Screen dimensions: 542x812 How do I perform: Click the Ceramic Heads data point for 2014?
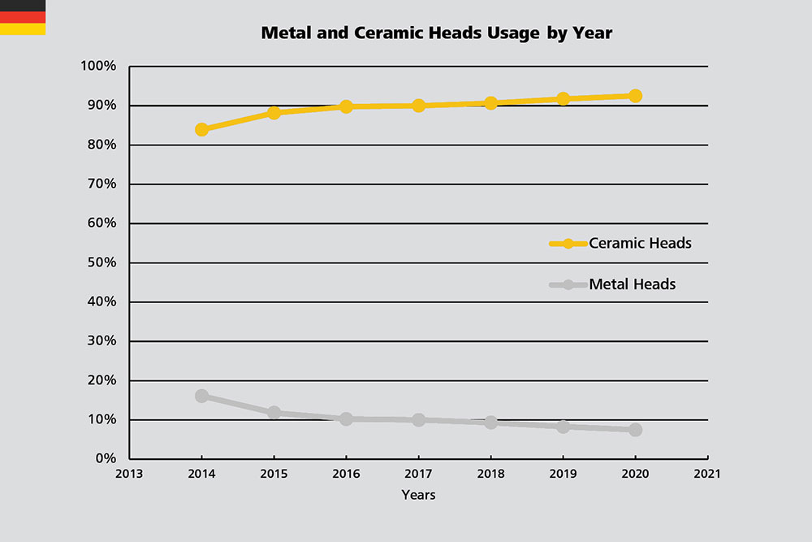pyautogui.click(x=202, y=129)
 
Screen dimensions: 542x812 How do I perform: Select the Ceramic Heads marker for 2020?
pyautogui.click(x=635, y=96)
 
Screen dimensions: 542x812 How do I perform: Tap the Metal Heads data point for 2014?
pyautogui.click(x=202, y=396)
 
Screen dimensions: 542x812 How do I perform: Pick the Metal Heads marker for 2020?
pyautogui.click(x=635, y=430)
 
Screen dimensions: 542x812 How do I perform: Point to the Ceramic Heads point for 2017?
pyautogui.click(x=419, y=106)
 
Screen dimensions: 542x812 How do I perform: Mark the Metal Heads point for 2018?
pyautogui.click(x=490, y=423)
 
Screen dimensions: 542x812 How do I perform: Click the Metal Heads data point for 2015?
pyautogui.click(x=274, y=413)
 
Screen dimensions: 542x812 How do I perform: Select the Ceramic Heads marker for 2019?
pyautogui.click(x=563, y=99)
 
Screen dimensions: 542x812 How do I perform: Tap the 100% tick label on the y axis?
pyautogui.click(x=100, y=66)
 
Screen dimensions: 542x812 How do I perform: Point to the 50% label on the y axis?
pyautogui.click(x=103, y=262)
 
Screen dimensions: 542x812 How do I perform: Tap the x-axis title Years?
pyautogui.click(x=418, y=495)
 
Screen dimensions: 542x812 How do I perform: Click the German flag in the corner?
pyautogui.click(x=23, y=17)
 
